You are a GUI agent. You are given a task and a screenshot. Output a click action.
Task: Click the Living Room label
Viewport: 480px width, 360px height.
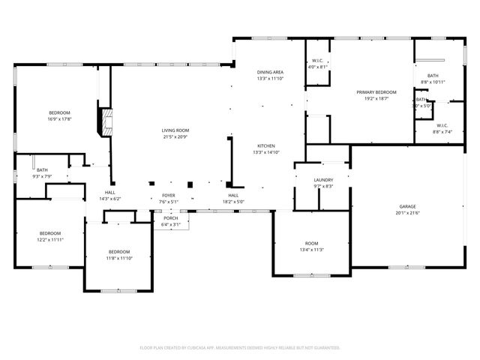(175, 130)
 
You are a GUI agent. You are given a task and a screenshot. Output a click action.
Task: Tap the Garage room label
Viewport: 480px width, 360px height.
(407, 205)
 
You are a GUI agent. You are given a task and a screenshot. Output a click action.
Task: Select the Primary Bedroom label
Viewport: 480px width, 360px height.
(376, 92)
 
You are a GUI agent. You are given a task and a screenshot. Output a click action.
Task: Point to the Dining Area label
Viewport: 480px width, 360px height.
(270, 72)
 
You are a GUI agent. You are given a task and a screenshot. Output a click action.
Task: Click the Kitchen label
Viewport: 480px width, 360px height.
(266, 145)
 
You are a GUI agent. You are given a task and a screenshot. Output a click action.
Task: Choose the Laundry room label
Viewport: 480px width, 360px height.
(323, 180)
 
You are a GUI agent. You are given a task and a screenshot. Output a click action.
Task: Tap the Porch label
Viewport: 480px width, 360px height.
(171, 218)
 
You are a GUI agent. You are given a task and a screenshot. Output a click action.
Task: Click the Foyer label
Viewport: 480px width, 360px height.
(169, 195)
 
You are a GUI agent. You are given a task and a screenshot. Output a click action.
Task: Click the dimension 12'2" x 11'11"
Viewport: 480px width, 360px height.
(50, 239)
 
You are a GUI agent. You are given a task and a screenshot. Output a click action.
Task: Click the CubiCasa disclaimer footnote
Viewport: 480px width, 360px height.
(240, 348)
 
